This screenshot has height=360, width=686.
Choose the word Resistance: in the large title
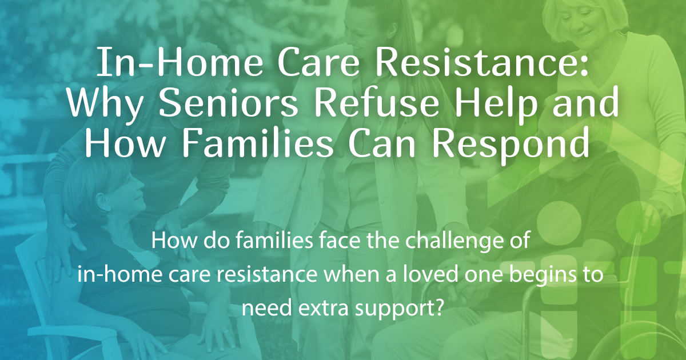coord(482,63)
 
